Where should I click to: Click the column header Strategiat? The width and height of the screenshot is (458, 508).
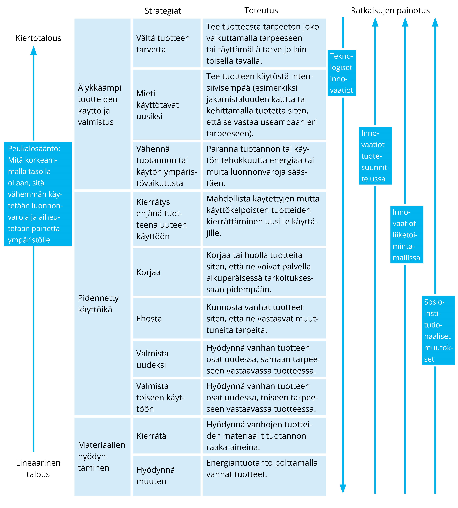(x=163, y=11)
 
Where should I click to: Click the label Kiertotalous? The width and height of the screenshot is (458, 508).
(x=38, y=38)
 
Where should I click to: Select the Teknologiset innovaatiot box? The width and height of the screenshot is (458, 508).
(x=342, y=73)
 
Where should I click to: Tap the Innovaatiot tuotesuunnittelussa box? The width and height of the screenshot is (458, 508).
(x=375, y=156)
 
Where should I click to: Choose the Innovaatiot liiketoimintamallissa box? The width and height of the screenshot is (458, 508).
(x=407, y=235)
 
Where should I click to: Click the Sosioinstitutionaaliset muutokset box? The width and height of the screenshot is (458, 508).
(x=438, y=330)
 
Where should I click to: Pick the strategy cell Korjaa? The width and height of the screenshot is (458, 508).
(x=167, y=272)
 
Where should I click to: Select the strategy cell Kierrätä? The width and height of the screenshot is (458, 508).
(x=167, y=436)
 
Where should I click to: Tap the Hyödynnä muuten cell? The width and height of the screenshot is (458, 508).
(x=167, y=476)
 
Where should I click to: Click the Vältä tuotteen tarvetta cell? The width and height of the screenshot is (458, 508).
(x=167, y=43)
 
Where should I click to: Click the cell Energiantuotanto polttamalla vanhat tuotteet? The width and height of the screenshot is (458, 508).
(x=264, y=476)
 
